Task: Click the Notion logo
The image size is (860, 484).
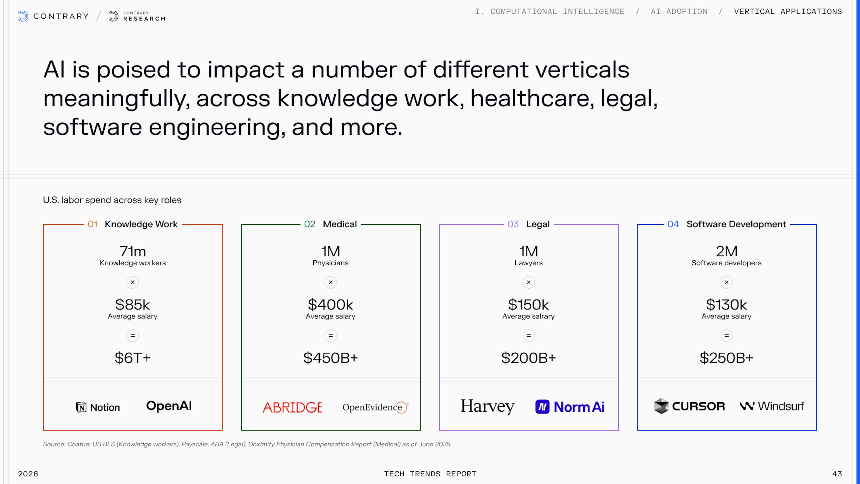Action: pos(98,407)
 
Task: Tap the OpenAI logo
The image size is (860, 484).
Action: pos(169,406)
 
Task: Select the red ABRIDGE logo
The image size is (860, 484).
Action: pos(292,407)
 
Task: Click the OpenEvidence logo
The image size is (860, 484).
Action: pos(376,407)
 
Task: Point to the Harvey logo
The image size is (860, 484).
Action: pos(487,406)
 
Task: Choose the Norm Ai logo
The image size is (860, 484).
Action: pos(570,407)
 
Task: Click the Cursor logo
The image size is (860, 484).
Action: pos(689,406)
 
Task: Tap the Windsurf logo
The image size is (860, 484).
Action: pos(772,406)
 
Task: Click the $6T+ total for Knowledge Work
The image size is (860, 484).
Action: pos(133,358)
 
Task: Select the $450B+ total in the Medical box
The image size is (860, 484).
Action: pos(331,358)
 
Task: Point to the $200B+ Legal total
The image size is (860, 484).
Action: pos(529,358)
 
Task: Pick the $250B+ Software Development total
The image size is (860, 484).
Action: pos(727,358)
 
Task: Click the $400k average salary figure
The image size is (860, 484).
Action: pos(331,304)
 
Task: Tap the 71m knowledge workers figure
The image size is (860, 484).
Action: pos(133,251)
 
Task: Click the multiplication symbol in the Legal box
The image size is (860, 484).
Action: pos(529,282)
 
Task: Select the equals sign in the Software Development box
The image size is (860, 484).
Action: pos(727,335)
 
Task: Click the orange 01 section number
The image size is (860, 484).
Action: pos(92,224)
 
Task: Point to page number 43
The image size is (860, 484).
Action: pos(837,474)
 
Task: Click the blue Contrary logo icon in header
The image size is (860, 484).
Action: pos(23,16)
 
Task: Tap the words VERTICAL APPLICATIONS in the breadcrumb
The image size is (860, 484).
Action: pos(788,11)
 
